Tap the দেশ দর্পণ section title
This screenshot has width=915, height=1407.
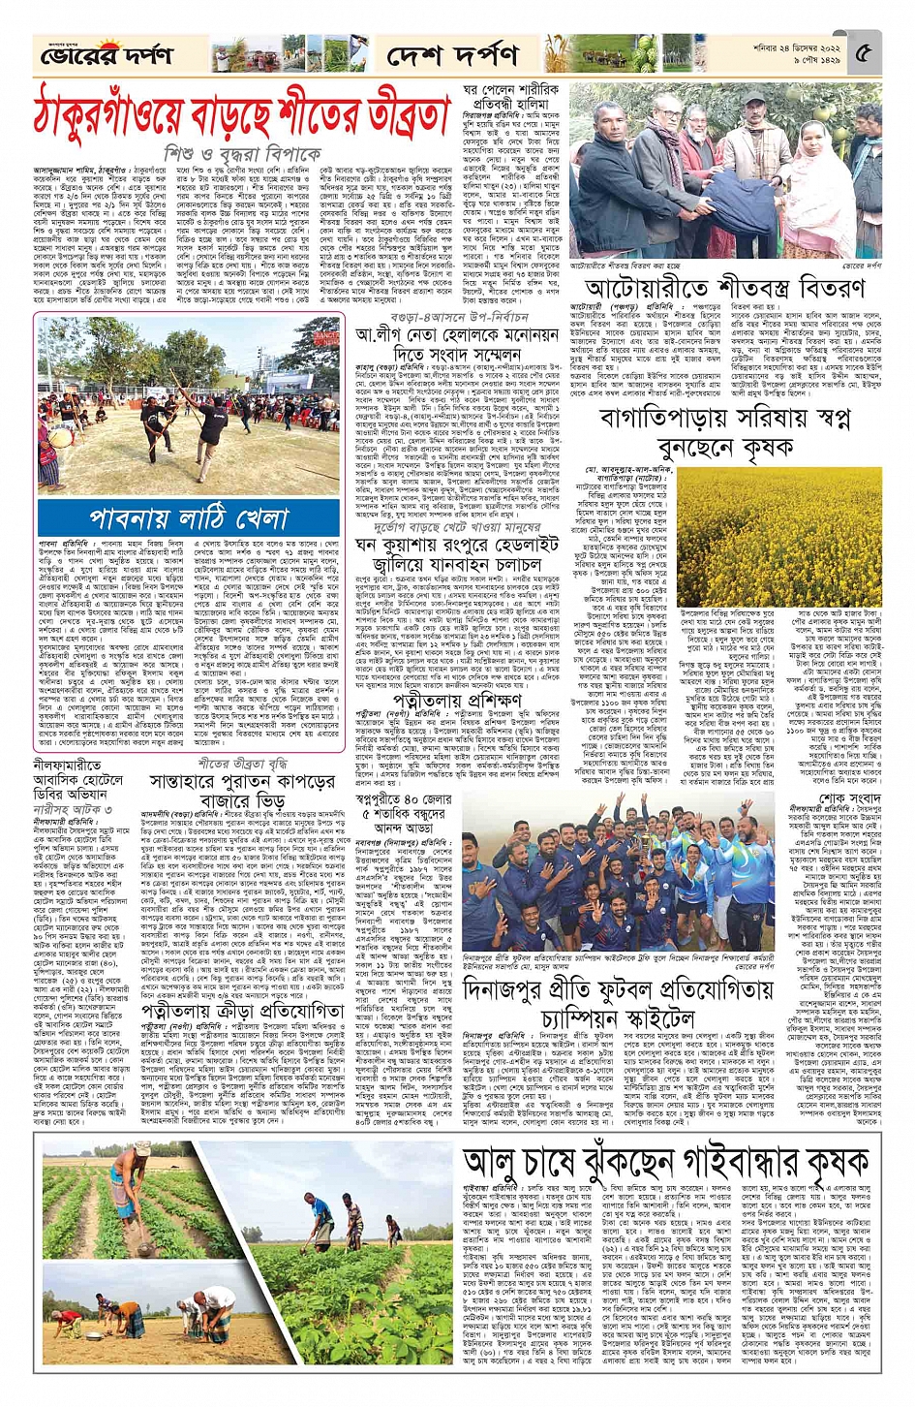[451, 56]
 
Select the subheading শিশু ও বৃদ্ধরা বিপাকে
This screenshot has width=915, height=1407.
[242, 154]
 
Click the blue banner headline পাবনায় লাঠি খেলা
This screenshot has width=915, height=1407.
[189, 517]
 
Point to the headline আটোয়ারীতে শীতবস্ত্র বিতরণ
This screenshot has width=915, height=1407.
[723, 289]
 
